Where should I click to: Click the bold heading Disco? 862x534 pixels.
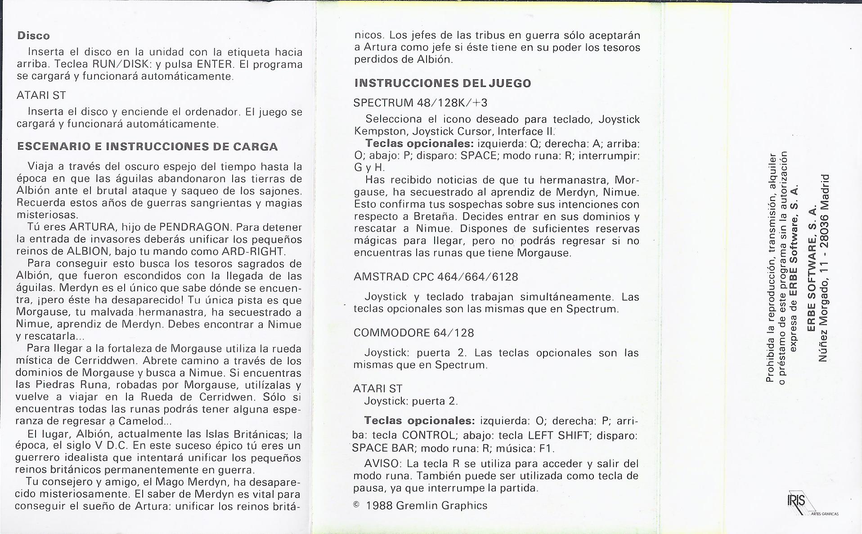[33, 36]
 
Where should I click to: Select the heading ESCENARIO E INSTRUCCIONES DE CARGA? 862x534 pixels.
[147, 147]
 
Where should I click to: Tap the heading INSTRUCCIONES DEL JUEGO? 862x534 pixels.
[443, 83]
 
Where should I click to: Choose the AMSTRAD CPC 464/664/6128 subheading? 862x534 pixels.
[435, 277]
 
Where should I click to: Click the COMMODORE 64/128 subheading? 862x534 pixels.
[413, 333]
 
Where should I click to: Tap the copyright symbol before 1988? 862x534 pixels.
[356, 505]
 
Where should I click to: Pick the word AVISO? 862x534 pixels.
[381, 464]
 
